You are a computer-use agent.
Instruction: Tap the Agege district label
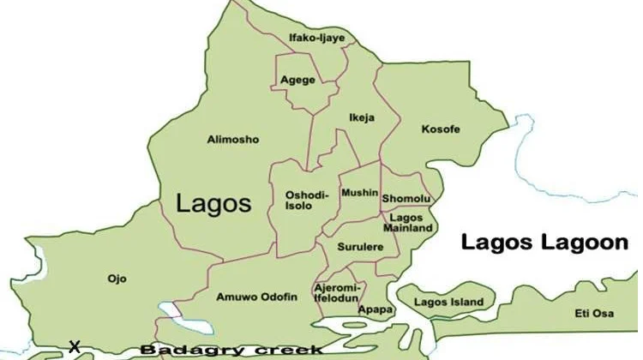(x=297, y=81)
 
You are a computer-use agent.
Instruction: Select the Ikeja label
(x=361, y=117)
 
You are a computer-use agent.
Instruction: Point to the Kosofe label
(x=441, y=129)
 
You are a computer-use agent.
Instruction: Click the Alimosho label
(x=232, y=139)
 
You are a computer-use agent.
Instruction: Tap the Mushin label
(x=359, y=193)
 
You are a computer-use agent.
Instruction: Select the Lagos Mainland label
(x=406, y=224)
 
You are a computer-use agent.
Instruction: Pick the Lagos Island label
(x=448, y=302)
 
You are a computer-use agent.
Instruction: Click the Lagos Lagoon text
(x=544, y=243)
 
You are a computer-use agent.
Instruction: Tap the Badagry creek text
(x=231, y=350)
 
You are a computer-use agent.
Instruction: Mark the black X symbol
(x=75, y=347)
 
